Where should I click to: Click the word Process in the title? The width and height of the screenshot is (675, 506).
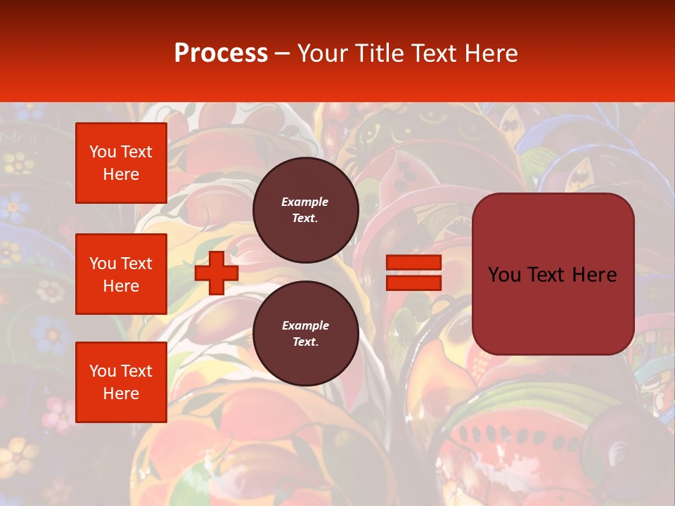(x=221, y=53)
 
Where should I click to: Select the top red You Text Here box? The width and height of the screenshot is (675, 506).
(x=121, y=163)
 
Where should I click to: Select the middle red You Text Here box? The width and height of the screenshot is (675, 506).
(x=121, y=274)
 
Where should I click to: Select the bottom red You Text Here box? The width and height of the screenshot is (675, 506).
(x=121, y=382)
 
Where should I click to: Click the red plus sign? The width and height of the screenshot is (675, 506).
(x=217, y=273)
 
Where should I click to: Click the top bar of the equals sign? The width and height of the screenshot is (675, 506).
(x=413, y=263)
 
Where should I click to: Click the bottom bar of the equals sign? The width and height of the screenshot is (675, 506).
(x=413, y=283)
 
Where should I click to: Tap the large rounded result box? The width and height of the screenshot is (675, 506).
(x=553, y=309)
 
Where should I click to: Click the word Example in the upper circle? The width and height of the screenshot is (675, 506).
(x=305, y=202)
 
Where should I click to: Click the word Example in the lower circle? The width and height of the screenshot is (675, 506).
(x=305, y=325)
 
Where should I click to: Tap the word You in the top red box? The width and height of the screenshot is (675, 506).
(x=103, y=152)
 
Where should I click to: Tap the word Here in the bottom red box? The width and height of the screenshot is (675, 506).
(x=121, y=394)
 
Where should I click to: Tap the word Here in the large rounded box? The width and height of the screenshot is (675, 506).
(x=595, y=275)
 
